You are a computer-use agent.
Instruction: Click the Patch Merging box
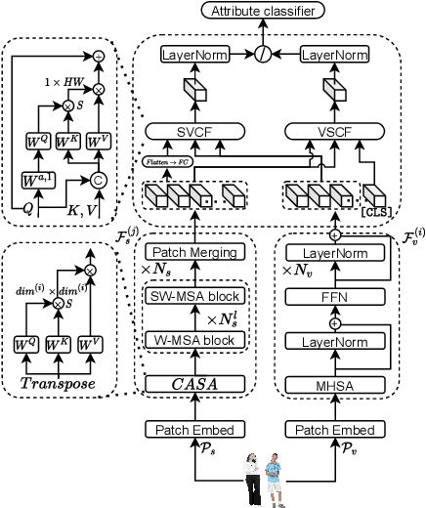201,252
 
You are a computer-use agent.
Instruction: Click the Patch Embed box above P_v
337,429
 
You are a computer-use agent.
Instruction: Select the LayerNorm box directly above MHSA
337,341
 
